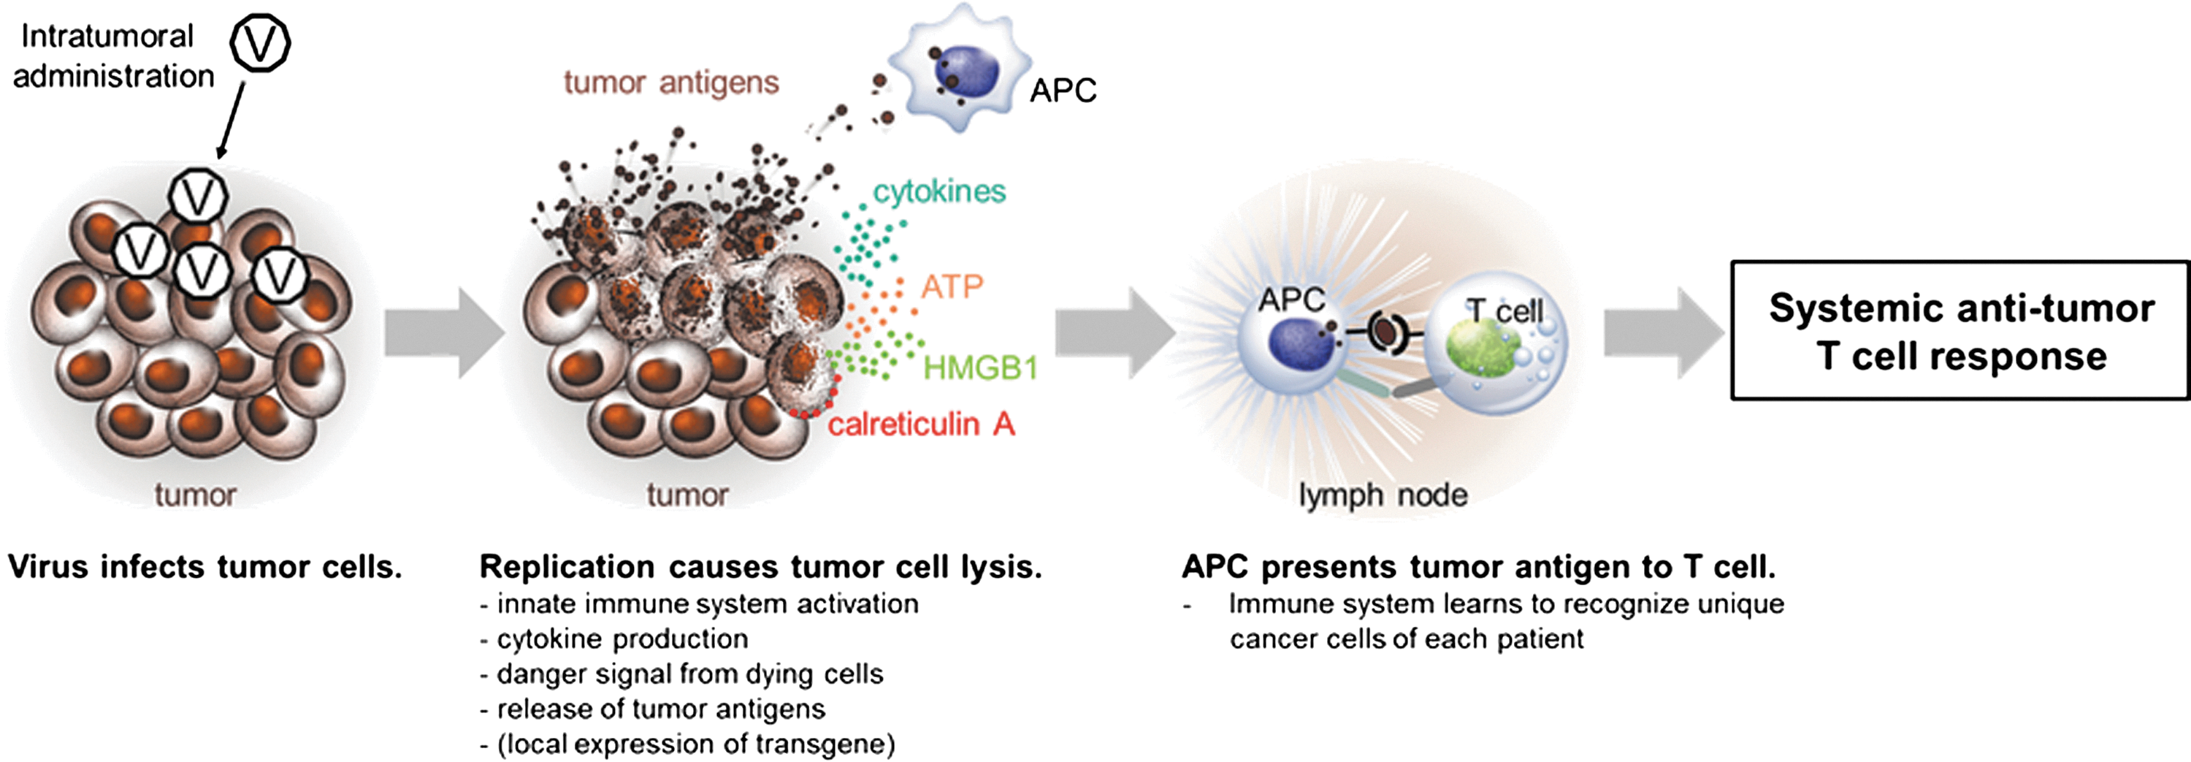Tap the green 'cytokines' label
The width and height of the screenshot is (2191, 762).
pos(940,192)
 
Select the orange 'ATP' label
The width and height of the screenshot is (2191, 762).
pos(952,286)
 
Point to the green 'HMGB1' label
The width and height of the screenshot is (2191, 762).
pos(981,367)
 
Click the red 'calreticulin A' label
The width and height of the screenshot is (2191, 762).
pos(921,424)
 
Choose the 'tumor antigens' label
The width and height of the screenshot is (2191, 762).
pos(671,83)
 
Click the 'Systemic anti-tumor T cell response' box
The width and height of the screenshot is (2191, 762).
pos(1959,330)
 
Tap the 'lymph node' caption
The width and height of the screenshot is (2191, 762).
pos(1384,494)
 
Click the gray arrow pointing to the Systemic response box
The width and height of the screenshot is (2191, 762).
pos(1664,332)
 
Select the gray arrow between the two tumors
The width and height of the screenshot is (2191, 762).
pos(444,332)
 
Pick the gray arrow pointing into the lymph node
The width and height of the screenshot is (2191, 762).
pos(1115,332)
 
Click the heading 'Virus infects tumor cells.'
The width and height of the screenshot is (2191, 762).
pos(205,567)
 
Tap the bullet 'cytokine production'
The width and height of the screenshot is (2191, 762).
pos(614,639)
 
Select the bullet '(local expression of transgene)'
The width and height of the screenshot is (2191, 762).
pos(687,744)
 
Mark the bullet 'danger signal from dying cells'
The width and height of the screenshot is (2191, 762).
pos(681,674)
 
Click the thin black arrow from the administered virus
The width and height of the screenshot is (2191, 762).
pos(232,120)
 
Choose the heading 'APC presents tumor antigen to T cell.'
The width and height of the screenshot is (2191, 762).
pos(1479,567)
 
